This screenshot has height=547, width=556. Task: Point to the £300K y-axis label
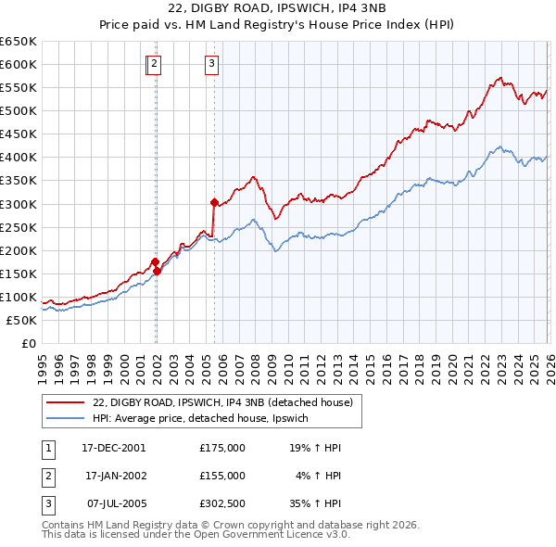point(19,204)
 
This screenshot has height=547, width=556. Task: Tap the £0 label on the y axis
point(29,344)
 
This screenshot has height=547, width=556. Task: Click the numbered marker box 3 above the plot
point(211,64)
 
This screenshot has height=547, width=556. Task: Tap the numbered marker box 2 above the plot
point(154,64)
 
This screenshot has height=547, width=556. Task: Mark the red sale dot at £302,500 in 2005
point(214,202)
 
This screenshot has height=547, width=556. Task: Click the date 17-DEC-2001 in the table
point(113,447)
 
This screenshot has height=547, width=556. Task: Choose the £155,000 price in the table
point(222,475)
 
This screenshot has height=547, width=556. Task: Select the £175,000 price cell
point(222,447)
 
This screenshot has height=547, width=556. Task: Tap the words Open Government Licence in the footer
point(277,534)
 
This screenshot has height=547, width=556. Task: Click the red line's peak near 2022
point(499,78)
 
